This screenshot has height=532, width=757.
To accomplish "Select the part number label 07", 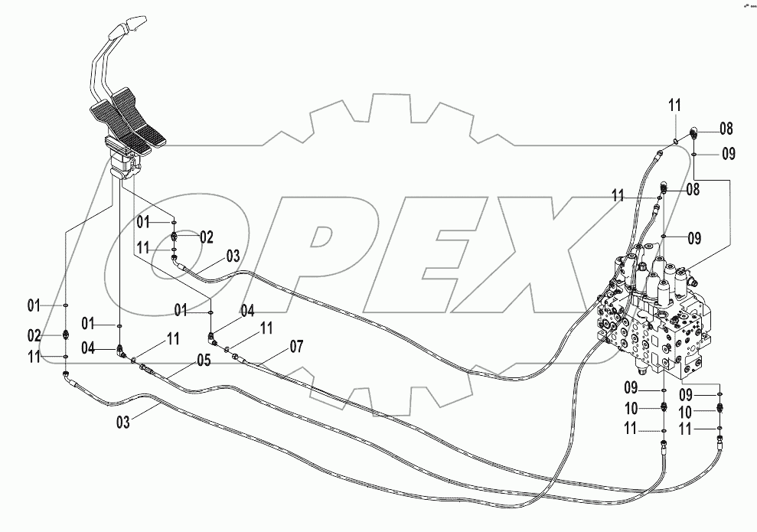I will pyautogui.click(x=296, y=347).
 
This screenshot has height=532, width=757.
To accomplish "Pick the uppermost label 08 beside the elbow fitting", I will pyautogui.click(x=726, y=128).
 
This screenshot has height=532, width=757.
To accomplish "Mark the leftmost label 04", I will pyautogui.click(x=88, y=349).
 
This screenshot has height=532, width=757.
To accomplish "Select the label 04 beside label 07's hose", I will pyautogui.click(x=247, y=311).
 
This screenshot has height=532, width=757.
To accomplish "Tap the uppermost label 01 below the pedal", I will pyautogui.click(x=144, y=223).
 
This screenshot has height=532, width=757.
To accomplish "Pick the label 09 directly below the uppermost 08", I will pyautogui.click(x=727, y=154).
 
